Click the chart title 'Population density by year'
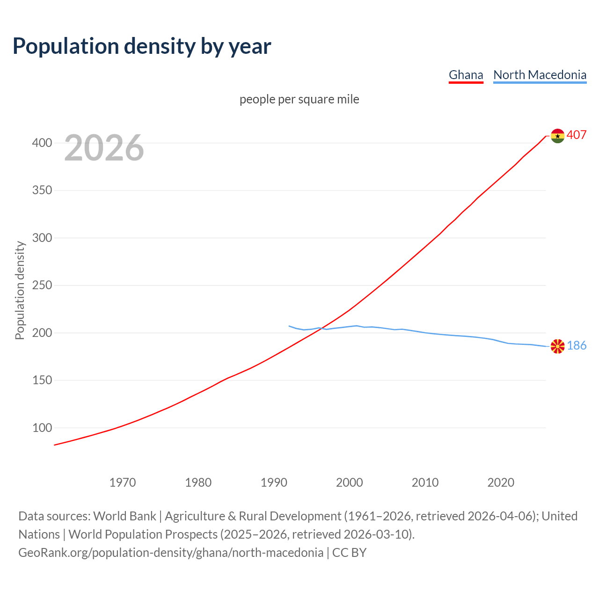142,46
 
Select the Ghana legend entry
466,75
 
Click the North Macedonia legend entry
540,75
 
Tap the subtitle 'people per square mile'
299,99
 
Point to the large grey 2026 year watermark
104,148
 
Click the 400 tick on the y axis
42,143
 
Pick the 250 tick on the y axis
42,285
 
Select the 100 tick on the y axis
42,428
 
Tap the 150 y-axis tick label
42,380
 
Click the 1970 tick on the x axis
123,482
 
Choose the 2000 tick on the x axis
350,482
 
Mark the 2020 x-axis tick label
501,482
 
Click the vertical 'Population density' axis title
20,290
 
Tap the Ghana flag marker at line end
557,136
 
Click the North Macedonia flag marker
557,346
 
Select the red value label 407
577,135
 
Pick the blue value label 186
577,346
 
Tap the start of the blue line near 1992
289,326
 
